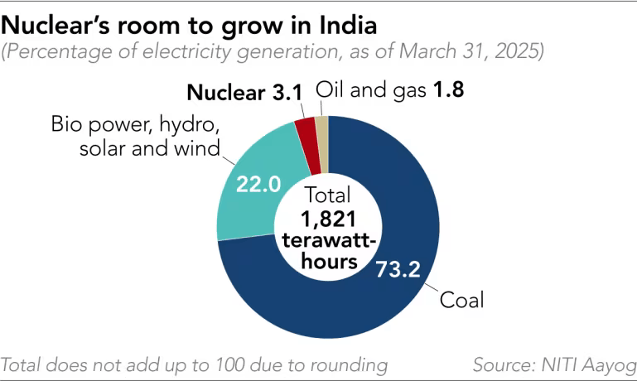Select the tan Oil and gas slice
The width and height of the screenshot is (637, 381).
pyautogui.click(x=322, y=128)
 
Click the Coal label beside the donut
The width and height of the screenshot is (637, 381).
pyautogui.click(x=461, y=299)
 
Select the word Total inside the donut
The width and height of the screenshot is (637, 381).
pyautogui.click(x=328, y=196)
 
